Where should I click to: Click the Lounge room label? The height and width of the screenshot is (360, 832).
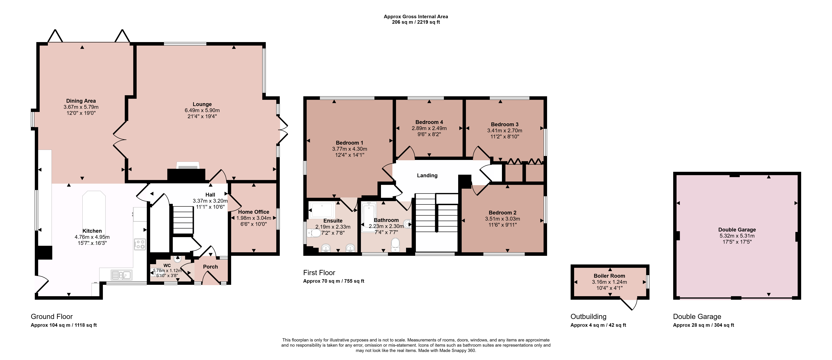click(202, 104)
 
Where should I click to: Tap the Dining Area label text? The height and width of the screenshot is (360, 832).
click(81, 101)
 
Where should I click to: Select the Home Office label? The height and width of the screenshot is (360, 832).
click(253, 212)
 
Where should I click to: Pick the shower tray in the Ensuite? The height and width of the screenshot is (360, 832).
click(322, 210)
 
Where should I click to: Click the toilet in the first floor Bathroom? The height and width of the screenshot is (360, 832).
click(395, 245)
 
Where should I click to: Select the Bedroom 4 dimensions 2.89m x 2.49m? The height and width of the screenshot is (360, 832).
click(429, 128)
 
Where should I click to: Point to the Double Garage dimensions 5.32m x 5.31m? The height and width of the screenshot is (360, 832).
click(737, 236)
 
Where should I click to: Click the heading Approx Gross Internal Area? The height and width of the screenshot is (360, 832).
click(416, 16)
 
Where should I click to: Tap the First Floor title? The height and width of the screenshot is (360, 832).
click(319, 273)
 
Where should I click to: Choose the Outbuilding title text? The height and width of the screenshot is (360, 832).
click(588, 317)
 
